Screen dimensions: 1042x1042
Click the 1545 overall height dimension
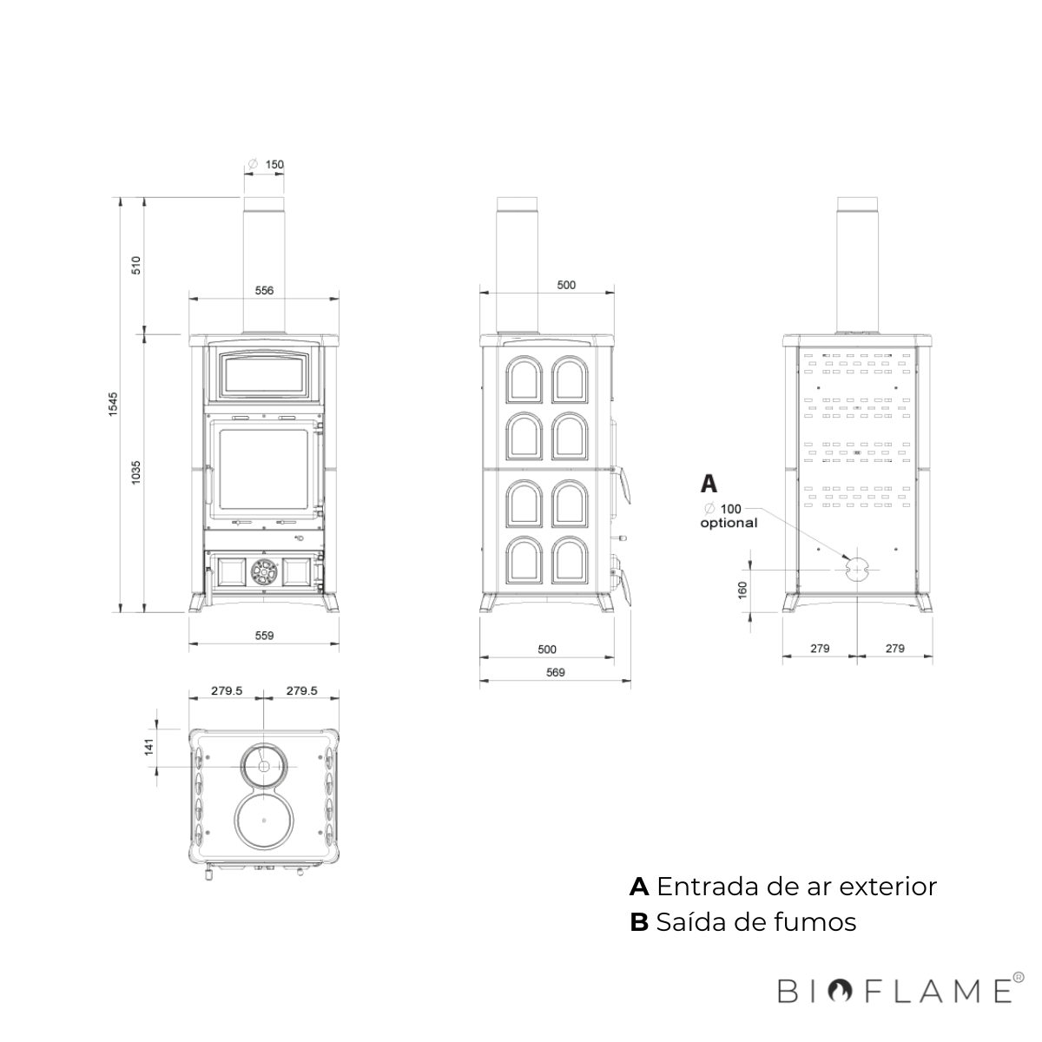click(113, 404)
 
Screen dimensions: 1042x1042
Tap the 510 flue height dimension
click(135, 265)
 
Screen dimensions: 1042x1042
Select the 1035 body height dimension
click(135, 472)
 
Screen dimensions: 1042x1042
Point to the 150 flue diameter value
click(274, 164)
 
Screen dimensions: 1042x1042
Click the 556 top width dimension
click(265, 290)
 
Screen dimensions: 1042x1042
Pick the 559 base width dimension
click(265, 636)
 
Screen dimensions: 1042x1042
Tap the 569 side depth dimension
click(556, 672)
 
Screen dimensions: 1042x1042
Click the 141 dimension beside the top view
click(149, 747)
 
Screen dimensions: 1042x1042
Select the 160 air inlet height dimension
click(742, 589)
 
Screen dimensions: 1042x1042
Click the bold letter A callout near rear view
click(709, 484)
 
